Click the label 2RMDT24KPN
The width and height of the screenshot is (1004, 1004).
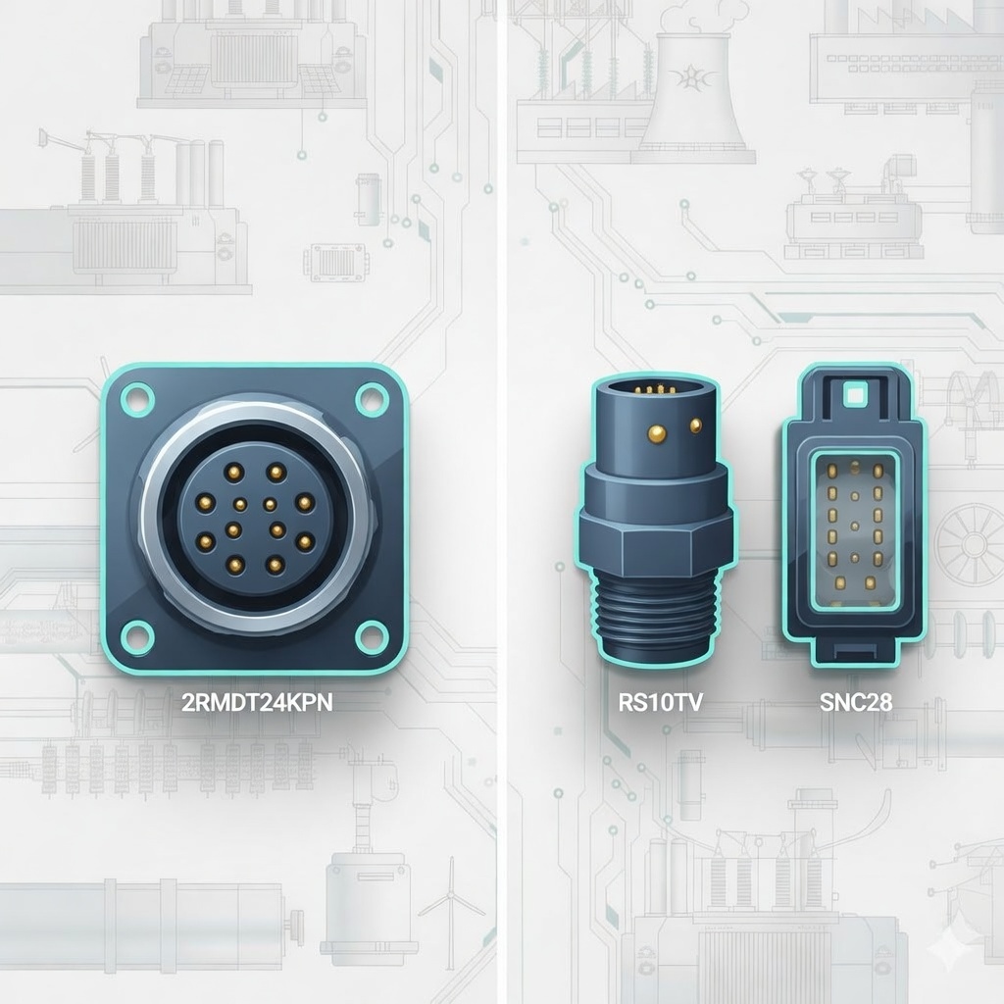[x=257, y=702]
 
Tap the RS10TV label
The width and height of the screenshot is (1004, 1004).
[x=660, y=702]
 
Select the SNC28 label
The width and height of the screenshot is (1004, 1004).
[x=856, y=702]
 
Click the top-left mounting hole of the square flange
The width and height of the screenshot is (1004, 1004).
[x=137, y=398]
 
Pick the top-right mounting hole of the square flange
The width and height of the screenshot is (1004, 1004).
[x=372, y=398]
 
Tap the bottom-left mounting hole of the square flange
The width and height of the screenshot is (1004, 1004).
[x=137, y=637]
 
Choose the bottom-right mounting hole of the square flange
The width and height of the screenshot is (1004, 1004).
[x=372, y=637]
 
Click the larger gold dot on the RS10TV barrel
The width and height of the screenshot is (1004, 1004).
[x=657, y=434]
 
